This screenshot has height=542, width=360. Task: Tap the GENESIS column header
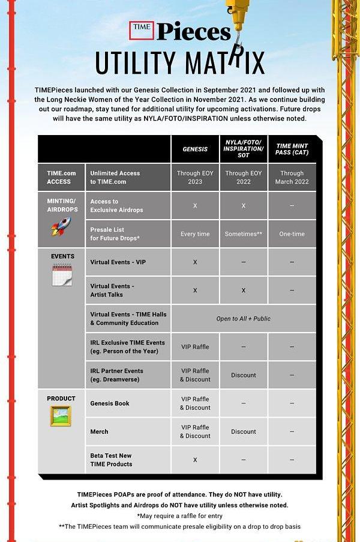[195, 149]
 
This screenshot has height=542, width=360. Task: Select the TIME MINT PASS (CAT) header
[292, 149]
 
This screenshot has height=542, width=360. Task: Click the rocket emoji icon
[61, 226]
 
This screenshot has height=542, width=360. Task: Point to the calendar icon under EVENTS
[62, 275]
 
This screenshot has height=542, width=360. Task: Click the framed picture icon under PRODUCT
[61, 416]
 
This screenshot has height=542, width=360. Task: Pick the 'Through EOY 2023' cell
[195, 178]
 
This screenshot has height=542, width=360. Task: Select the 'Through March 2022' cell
[292, 178]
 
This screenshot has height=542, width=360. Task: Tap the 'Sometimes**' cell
[243, 234]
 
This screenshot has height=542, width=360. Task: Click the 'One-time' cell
[292, 234]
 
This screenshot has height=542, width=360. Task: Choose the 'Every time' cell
[195, 234]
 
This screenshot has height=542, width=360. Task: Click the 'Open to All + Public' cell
[243, 319]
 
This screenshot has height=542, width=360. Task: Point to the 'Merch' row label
[100, 432]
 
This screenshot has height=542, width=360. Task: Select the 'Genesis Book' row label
[110, 403]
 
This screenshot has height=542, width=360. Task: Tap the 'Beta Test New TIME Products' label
[111, 460]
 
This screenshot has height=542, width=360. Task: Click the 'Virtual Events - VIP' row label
[118, 262]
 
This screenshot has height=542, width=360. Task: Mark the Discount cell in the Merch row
[243, 432]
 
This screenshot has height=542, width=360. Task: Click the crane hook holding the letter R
[239, 39]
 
